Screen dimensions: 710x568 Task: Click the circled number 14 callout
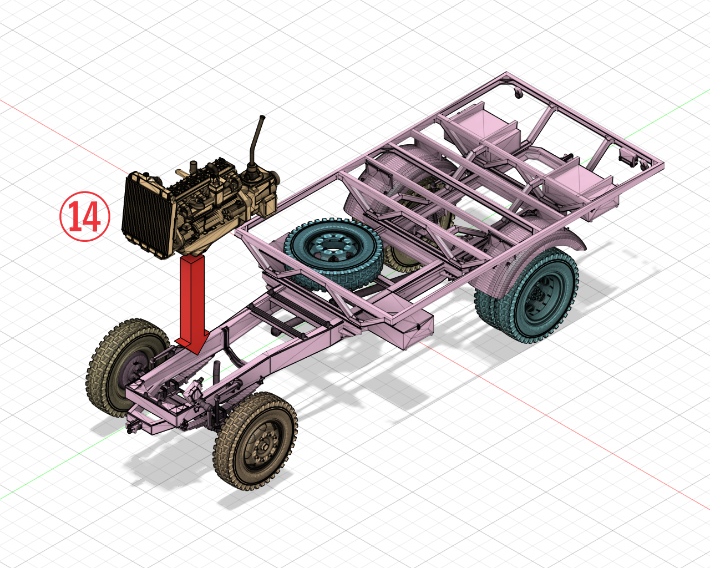[x=85, y=216]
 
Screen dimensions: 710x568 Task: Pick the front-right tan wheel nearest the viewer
[x=255, y=441]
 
